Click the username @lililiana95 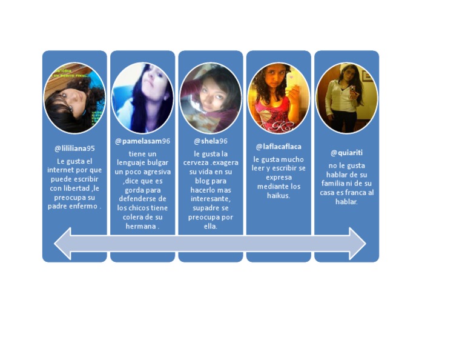coord(74,148)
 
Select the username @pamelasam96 coord(142,141)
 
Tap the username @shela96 coord(210,141)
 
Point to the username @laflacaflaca coord(279,146)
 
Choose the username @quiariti coord(346,152)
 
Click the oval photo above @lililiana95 coord(74,98)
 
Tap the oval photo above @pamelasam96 coord(142,98)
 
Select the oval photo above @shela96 coord(210,98)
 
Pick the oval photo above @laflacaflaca coord(279,98)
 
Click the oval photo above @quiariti coord(346,98)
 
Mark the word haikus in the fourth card coord(279,196)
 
